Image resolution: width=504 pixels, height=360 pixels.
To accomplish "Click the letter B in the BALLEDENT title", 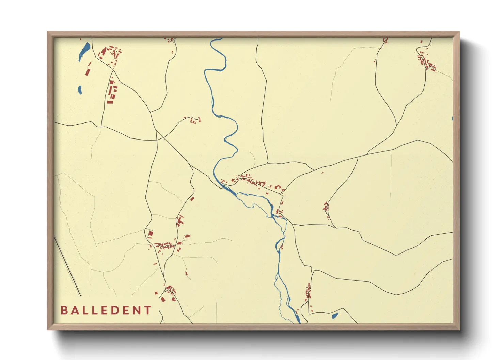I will tap(64, 310).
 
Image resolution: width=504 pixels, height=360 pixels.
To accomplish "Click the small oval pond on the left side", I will tap(80, 90).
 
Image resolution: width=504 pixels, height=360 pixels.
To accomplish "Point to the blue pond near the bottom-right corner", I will tap(335, 315).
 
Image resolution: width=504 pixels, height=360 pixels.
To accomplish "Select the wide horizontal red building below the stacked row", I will tap(110, 102).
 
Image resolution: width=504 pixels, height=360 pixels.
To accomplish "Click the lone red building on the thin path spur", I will tap(186, 273).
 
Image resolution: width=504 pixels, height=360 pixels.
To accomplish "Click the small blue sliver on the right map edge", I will tap(452, 118).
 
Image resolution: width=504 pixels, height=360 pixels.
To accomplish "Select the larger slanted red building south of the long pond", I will tap(87, 72).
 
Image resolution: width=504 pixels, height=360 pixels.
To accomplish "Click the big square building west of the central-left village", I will tap(150, 234).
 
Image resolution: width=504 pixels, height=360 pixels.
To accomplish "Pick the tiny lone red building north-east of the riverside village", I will tap(322, 173).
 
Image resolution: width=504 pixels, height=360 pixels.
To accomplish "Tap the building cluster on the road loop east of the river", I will tap(326, 207).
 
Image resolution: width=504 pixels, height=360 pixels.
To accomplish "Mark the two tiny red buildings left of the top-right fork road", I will tap(375, 61).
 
